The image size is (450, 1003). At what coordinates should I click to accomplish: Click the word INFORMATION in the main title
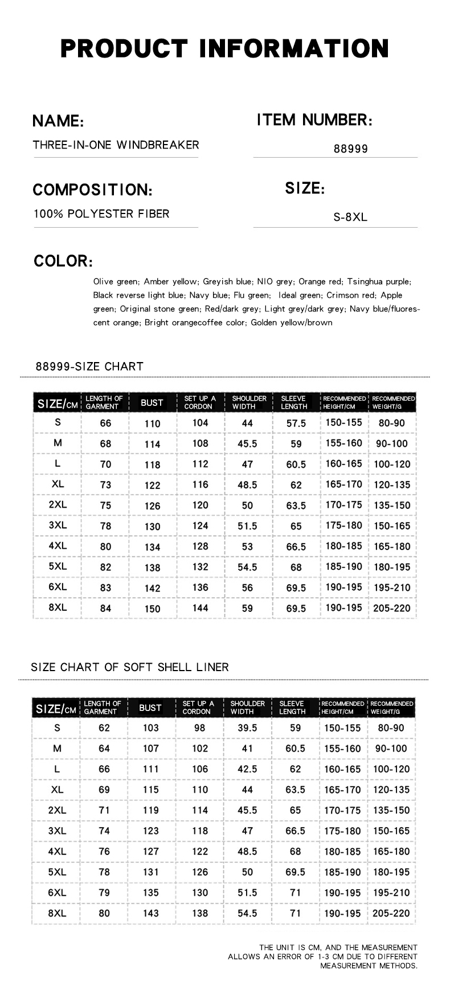(x=293, y=48)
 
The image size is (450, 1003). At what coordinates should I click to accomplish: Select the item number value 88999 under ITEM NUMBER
(x=351, y=149)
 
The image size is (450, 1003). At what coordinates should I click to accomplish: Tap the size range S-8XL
(x=350, y=217)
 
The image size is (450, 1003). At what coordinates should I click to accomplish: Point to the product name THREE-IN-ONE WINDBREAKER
(x=116, y=145)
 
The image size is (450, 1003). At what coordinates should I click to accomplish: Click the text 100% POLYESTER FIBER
(x=101, y=214)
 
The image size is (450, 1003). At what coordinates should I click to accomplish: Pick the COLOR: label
(x=63, y=261)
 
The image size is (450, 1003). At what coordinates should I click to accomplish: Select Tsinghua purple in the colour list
(x=379, y=281)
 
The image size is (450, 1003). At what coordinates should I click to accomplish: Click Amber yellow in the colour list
(x=170, y=281)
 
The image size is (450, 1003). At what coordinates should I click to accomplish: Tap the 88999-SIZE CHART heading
(x=89, y=366)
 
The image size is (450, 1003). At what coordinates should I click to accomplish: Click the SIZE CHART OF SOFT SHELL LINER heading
(x=130, y=667)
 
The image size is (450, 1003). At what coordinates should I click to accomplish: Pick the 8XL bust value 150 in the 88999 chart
(x=152, y=609)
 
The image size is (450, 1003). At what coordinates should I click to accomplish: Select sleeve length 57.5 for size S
(x=296, y=424)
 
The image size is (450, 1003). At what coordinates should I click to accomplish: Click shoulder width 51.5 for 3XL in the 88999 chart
(x=247, y=527)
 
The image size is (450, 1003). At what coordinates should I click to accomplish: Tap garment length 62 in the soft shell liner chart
(x=104, y=728)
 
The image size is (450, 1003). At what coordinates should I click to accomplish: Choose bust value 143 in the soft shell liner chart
(x=150, y=914)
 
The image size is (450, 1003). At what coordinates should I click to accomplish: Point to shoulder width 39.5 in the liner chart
(x=247, y=728)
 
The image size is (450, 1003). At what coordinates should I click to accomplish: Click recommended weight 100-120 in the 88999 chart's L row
(x=392, y=464)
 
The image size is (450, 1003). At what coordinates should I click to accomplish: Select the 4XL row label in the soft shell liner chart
(x=57, y=852)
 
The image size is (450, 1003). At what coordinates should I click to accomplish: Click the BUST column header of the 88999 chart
(x=152, y=402)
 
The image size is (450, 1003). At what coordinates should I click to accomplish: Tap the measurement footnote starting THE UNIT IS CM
(x=323, y=956)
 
